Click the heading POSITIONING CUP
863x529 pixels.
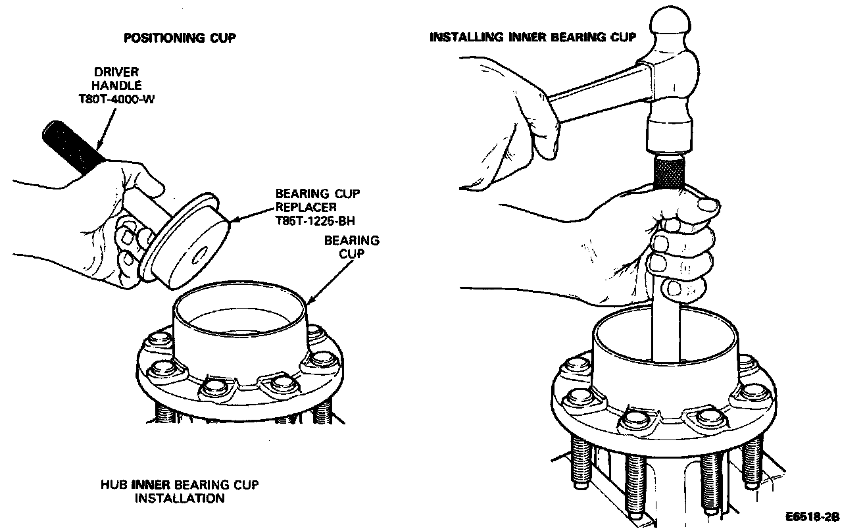pos(179,38)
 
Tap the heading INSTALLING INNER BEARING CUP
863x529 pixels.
pos(533,37)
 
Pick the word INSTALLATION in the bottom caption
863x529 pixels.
pos(180,498)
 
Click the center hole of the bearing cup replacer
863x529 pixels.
pos(200,252)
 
